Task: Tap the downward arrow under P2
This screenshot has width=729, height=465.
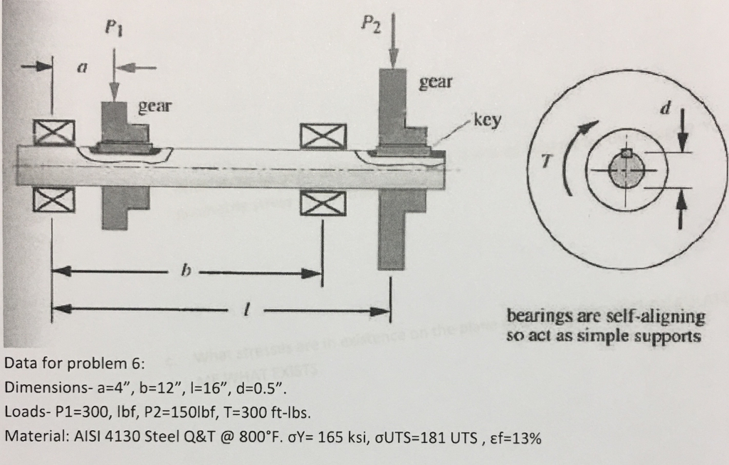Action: coord(394,42)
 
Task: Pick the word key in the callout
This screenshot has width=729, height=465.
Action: coord(487,120)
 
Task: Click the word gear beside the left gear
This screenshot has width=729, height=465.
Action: coord(154,107)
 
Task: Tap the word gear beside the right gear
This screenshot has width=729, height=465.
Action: coord(436,82)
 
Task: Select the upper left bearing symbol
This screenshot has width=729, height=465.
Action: coord(54,132)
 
